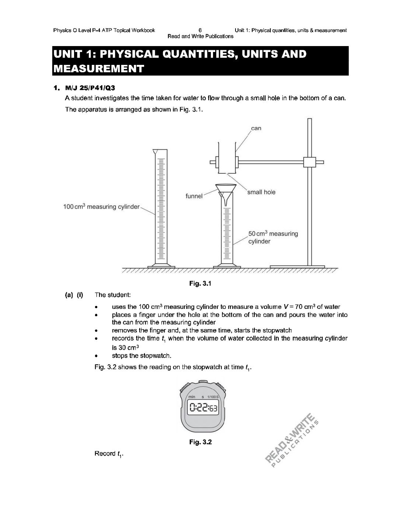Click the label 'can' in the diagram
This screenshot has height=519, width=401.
pyautogui.click(x=256, y=128)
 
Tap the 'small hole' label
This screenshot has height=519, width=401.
pyautogui.click(x=261, y=192)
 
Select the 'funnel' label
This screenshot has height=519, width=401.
pyautogui.click(x=194, y=196)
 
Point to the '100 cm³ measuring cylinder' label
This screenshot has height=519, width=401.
pyautogui.click(x=101, y=207)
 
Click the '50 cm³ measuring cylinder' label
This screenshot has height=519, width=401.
pyautogui.click(x=273, y=237)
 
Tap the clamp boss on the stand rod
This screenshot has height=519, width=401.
pyautogui.click(x=310, y=162)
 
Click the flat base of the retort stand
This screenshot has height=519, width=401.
pyautogui.click(x=297, y=266)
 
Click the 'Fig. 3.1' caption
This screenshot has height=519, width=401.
pyautogui.click(x=200, y=283)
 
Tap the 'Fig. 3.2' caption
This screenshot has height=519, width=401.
pyautogui.click(x=200, y=442)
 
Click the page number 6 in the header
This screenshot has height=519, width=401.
pyautogui.click(x=200, y=30)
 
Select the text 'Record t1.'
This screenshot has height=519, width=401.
pyautogui.click(x=109, y=454)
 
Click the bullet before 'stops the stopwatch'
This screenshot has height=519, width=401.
pyautogui.click(x=96, y=356)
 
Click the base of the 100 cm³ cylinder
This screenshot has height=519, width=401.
pyautogui.click(x=160, y=266)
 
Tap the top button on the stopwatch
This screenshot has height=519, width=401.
pyautogui.click(x=203, y=382)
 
